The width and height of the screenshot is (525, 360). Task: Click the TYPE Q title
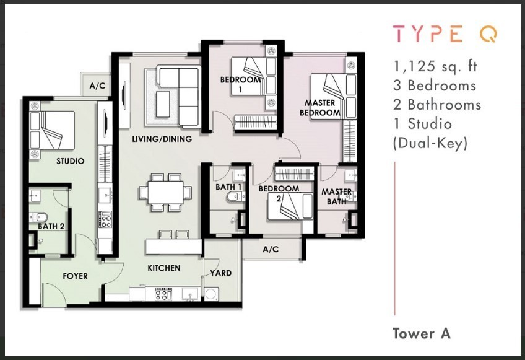(445, 34)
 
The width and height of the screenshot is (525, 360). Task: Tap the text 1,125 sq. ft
(435, 66)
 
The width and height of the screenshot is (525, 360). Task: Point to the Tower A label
(422, 333)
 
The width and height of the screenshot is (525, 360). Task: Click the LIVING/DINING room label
(162, 139)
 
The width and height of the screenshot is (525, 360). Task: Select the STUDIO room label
(71, 161)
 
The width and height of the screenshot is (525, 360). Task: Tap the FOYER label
(76, 276)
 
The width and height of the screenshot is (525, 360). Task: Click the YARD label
(220, 273)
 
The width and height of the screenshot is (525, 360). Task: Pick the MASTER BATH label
(337, 196)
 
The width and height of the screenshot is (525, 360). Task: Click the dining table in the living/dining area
(166, 193)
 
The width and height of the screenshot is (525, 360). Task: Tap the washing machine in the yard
(211, 294)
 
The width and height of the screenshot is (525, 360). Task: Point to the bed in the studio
(52, 130)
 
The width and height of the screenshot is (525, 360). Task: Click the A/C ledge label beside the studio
(97, 86)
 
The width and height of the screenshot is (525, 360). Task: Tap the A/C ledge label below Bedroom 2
(271, 249)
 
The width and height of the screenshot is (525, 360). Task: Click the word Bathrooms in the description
(444, 105)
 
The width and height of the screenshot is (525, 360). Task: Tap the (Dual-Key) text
(430, 143)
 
